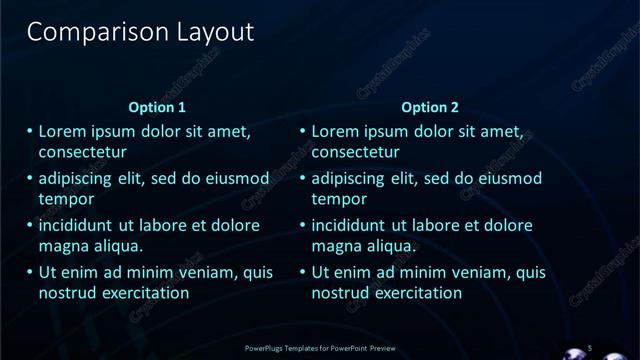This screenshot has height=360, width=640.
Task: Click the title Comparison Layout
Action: [x=140, y=32]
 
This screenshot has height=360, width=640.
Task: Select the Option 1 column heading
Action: [x=158, y=107]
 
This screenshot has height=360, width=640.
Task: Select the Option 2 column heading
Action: [x=431, y=107]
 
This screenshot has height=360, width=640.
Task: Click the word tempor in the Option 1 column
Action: [x=66, y=199]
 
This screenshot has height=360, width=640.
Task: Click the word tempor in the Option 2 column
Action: [x=339, y=199]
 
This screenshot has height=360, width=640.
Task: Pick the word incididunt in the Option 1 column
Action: [x=81, y=226]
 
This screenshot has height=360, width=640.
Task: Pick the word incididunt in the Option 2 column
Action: [x=354, y=226]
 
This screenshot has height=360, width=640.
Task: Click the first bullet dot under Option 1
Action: [x=30, y=132]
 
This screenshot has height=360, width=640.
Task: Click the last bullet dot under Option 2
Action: [x=303, y=272]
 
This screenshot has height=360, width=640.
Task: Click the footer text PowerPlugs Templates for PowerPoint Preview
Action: [x=319, y=348]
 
